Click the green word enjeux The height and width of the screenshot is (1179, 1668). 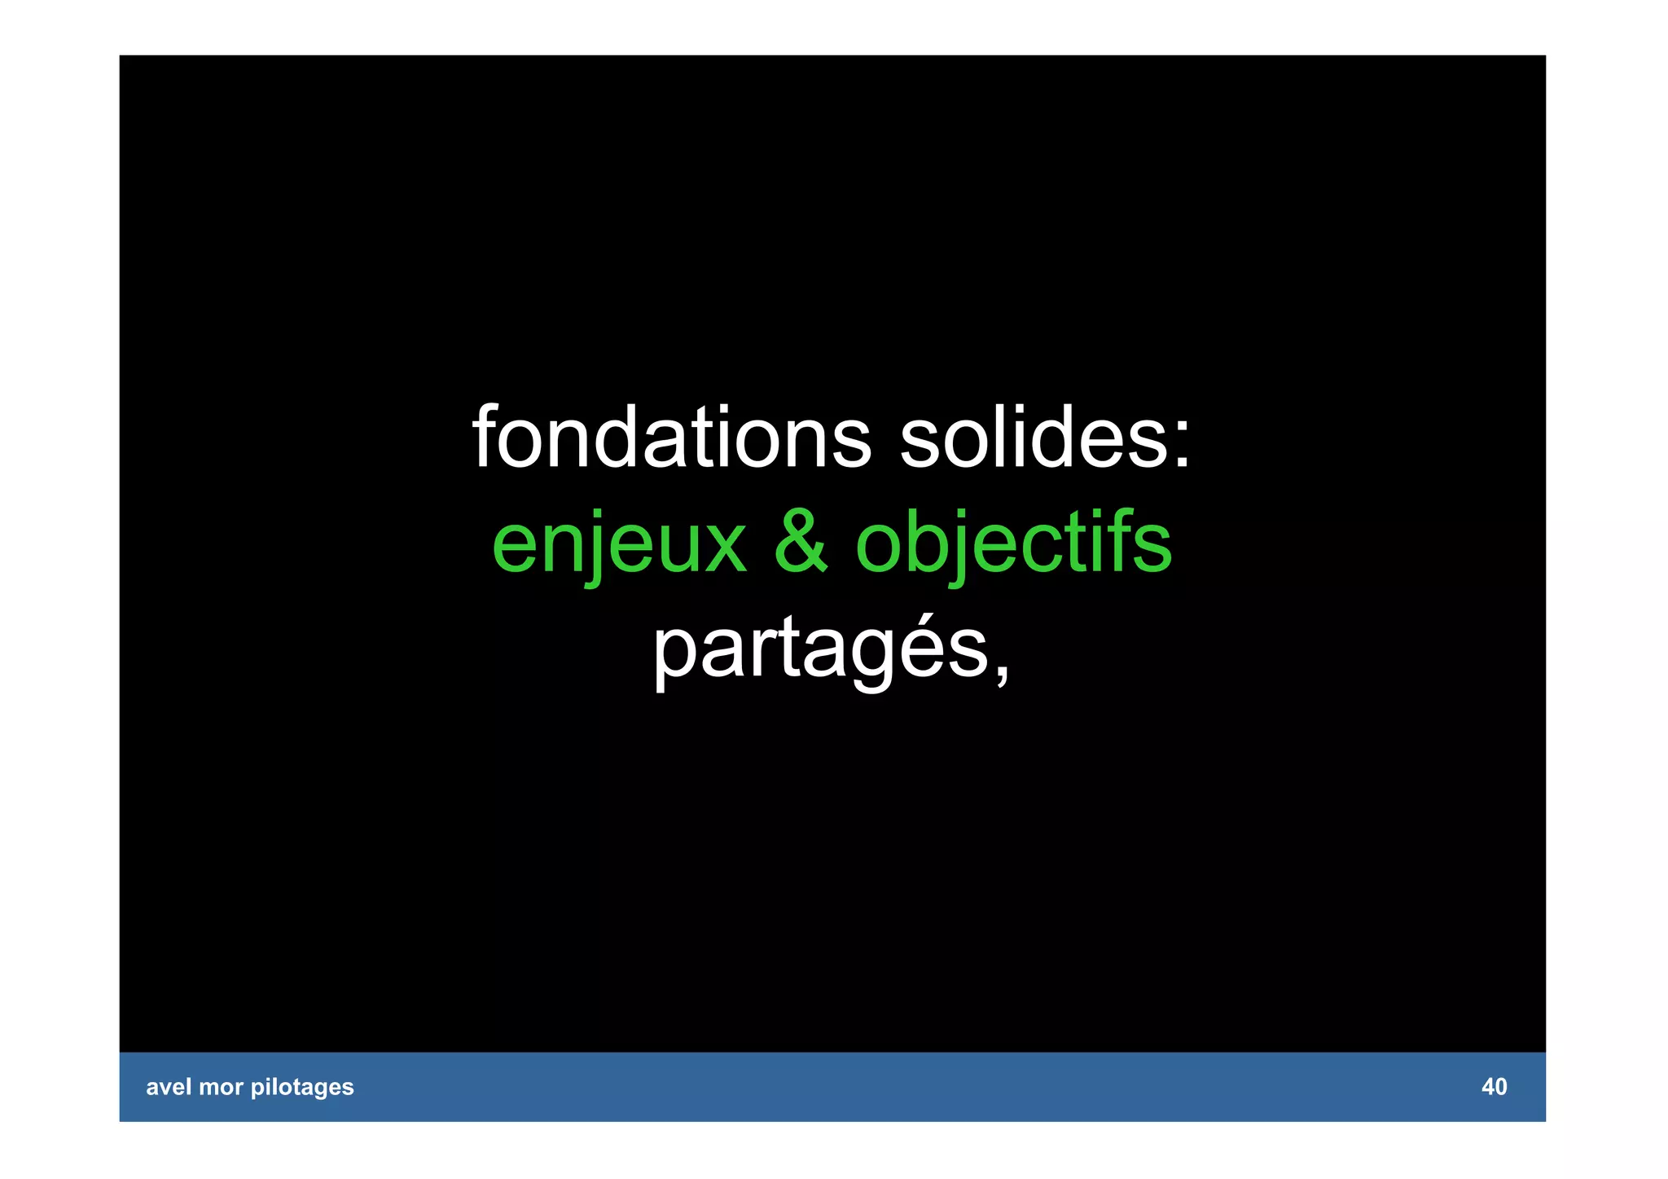click(619, 543)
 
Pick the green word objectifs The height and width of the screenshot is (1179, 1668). click(1014, 543)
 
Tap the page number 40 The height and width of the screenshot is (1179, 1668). click(1494, 1087)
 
